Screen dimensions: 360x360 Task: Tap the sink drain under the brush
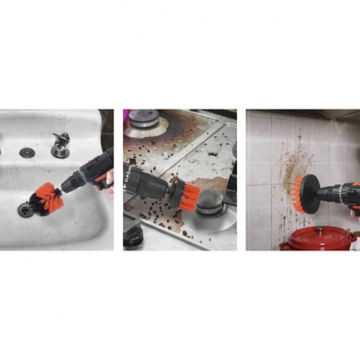tap(27, 209)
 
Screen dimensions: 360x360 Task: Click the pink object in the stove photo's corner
tap(126, 116)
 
